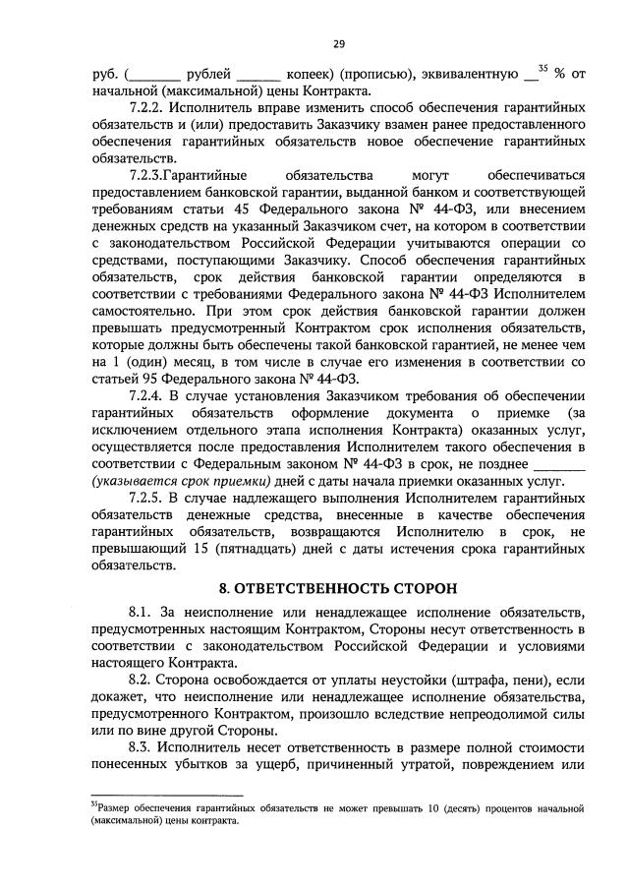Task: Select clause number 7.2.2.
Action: (148, 108)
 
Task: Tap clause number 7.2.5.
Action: (148, 499)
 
